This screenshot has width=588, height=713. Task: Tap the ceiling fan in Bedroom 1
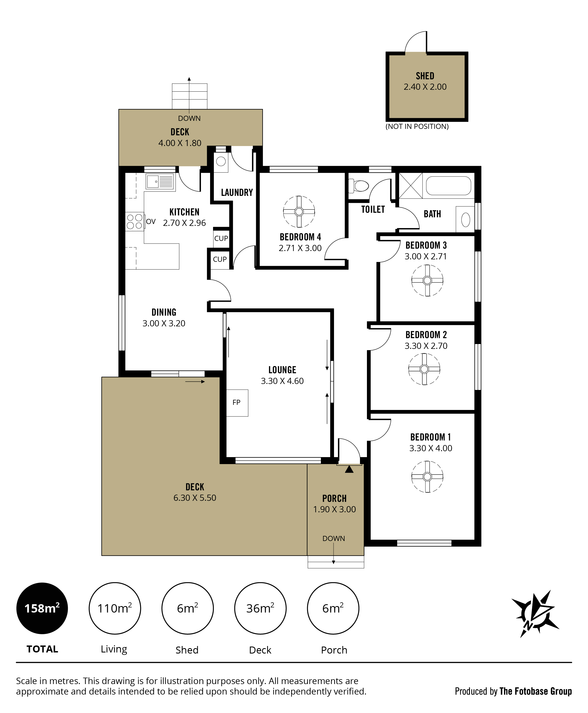click(427, 476)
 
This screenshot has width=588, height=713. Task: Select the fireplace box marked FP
click(237, 403)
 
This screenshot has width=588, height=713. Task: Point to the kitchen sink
click(160, 182)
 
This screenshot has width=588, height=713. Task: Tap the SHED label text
click(425, 76)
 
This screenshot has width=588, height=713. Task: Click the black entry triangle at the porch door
click(349, 469)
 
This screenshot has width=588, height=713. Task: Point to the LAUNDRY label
click(237, 193)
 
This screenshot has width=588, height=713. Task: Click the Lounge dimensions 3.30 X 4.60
click(282, 381)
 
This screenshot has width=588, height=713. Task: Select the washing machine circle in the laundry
click(221, 161)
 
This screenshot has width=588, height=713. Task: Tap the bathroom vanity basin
click(465, 220)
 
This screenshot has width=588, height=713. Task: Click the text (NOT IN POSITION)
click(417, 126)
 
